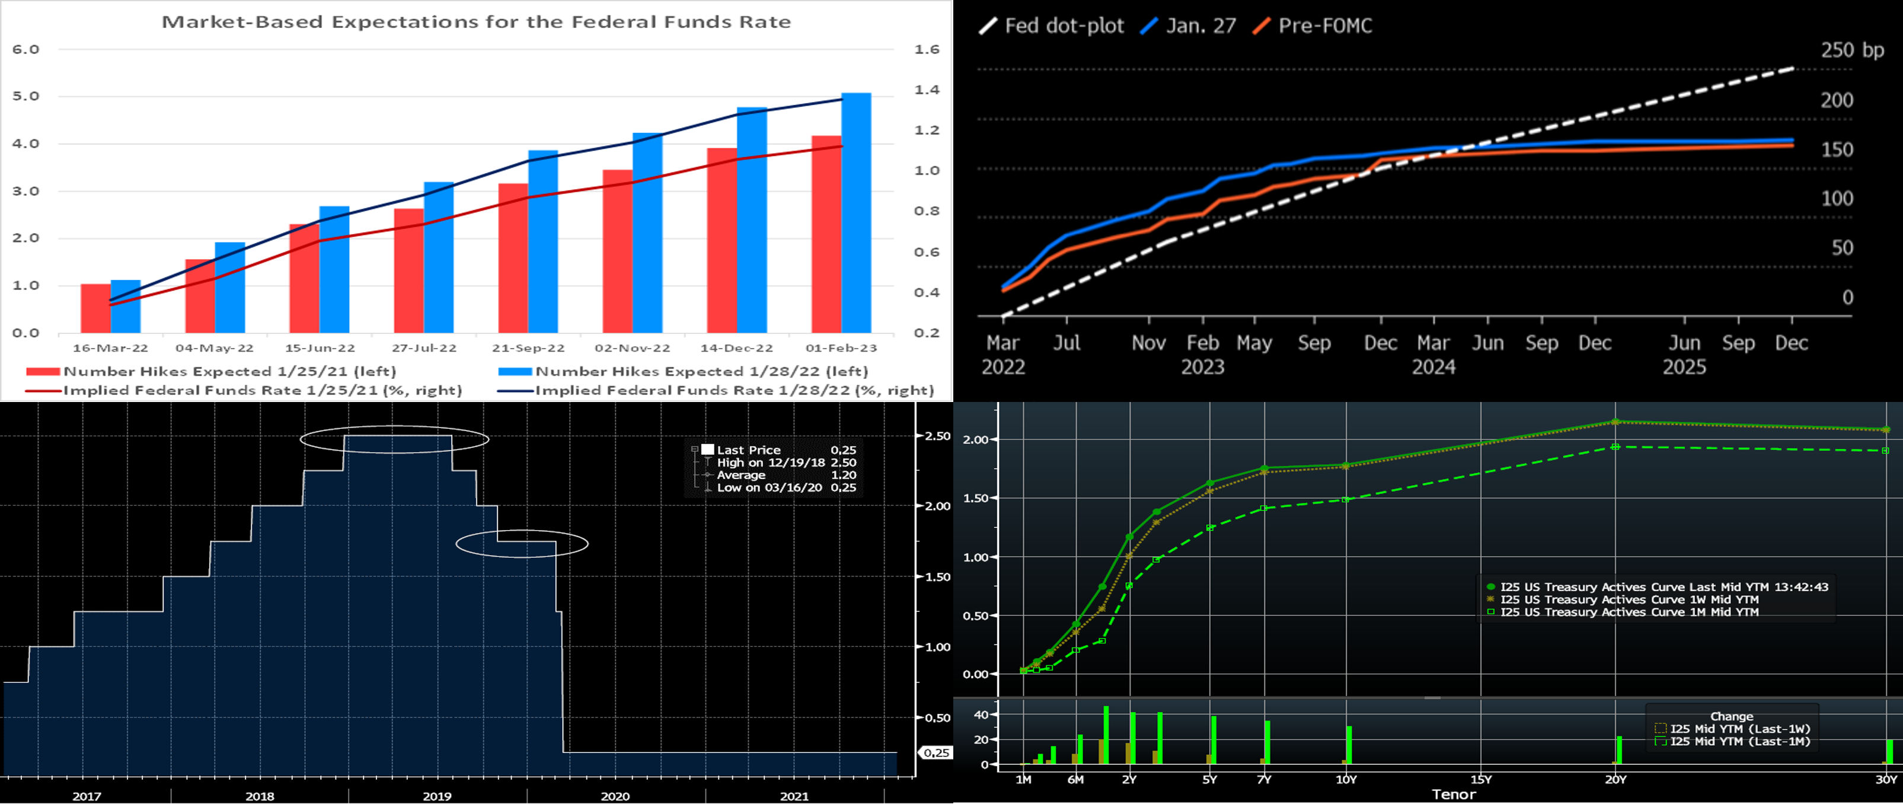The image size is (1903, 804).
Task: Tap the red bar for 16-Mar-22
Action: tap(95, 308)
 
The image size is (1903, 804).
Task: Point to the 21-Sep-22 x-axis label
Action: tap(528, 348)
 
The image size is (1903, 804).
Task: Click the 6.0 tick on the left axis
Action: tap(26, 50)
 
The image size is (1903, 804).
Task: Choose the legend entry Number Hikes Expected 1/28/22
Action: tap(701, 371)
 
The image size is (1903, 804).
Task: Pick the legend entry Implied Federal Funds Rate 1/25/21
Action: tap(262, 390)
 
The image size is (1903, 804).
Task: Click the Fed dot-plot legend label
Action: tap(1064, 26)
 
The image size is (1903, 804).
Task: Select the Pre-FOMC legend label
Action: tap(1324, 26)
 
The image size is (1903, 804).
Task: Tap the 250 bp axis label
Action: tap(1852, 50)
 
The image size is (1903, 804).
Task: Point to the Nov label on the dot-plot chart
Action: tap(1149, 343)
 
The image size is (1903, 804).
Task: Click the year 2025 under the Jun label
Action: tap(1684, 367)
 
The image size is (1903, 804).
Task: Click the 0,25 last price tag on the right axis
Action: tap(936, 752)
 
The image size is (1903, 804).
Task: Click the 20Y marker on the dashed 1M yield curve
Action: tap(1615, 447)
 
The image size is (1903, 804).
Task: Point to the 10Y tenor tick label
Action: tap(1346, 780)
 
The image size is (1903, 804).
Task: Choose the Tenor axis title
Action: tap(1453, 795)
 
